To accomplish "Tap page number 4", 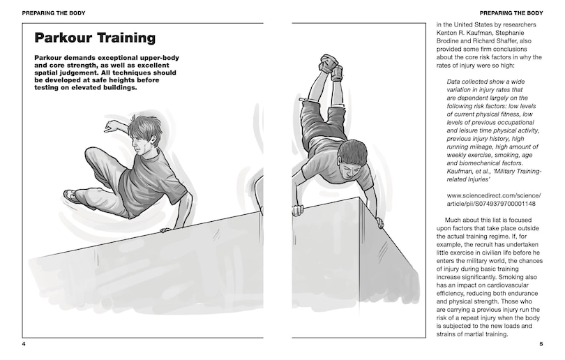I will pyautogui.click(x=24, y=344).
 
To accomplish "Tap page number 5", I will pyautogui.click(x=541, y=344).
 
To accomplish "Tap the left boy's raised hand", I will pyautogui.click(x=110, y=127).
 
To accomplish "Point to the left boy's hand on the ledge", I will pyautogui.click(x=165, y=230).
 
